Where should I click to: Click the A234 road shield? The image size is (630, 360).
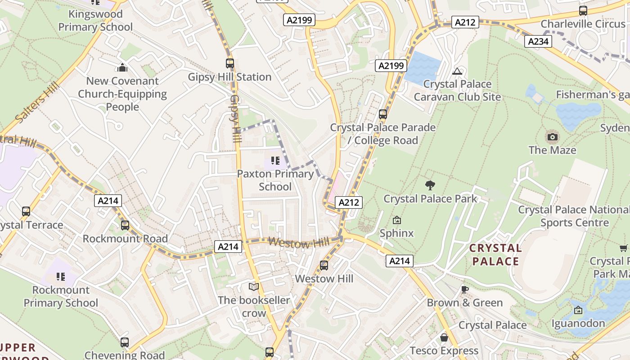pos(538,41)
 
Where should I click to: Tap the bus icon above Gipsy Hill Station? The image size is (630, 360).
pos(230,63)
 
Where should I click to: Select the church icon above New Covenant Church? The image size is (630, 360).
pos(122,67)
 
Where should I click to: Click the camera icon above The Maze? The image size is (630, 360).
pos(553,137)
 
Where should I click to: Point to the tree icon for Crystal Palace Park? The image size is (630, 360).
pos(430,185)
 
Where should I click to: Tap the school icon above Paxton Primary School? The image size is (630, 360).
pos(275,160)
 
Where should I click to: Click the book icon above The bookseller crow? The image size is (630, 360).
pos(254,287)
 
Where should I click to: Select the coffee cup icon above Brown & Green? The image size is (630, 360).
pos(465,289)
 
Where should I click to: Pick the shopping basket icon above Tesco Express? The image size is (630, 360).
pos(444,337)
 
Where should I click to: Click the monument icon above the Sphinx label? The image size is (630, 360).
pos(396,220)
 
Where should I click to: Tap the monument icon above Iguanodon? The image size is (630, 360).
pos(578,310)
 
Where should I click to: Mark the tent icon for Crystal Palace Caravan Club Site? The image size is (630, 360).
pos(457,71)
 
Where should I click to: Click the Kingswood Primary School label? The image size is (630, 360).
pos(95,21)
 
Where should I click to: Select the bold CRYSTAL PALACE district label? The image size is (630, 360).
pos(495,255)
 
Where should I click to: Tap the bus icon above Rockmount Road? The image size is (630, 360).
pos(125,225)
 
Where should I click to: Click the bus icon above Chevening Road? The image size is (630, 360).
pos(125,342)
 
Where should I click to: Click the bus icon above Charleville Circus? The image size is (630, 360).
pos(583,10)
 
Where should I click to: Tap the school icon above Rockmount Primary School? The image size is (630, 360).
pos(61,276)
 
